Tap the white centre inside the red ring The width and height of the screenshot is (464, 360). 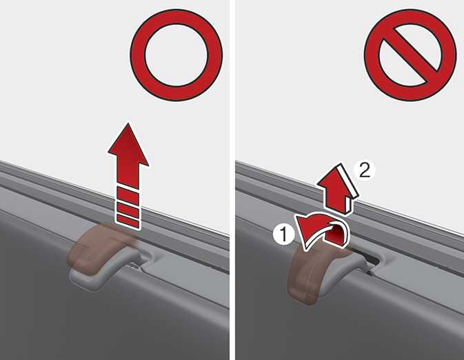tap(176, 55)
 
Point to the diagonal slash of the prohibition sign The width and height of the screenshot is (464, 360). tap(410, 55)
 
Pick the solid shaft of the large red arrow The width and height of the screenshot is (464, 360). tap(128, 174)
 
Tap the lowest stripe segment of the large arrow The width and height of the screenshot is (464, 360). tap(128, 221)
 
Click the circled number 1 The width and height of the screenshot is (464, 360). tap(283, 234)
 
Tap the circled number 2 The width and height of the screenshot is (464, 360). tap(365, 170)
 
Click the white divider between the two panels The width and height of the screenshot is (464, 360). tap(232, 180)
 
